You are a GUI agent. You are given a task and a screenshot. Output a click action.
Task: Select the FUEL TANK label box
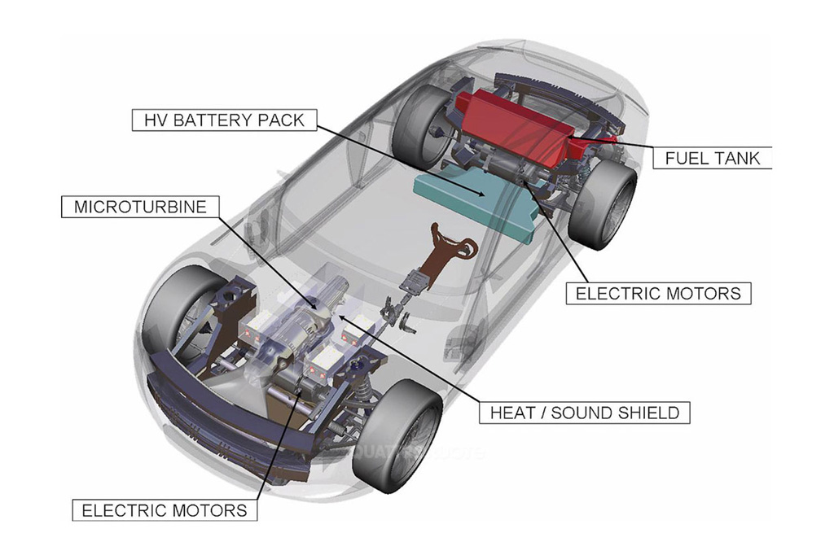coord(712,157)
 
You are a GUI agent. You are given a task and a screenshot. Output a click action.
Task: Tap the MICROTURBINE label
coord(140,207)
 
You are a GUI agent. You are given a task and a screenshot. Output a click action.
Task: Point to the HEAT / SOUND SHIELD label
coord(584,413)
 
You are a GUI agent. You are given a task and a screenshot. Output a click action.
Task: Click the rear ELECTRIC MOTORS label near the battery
coord(658,293)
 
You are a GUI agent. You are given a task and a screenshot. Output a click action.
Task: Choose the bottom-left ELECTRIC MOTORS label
coord(165,510)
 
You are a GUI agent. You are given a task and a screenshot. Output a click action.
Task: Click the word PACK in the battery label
coord(280,120)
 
